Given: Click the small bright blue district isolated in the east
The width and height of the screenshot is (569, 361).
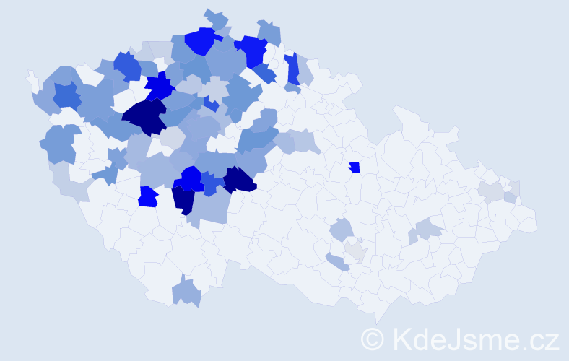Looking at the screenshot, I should (354, 168).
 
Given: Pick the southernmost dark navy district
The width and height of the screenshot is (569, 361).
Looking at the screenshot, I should (183, 199).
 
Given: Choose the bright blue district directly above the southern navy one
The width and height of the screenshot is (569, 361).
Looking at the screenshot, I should (192, 178).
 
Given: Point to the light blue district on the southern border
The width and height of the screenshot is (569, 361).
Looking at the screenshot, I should (187, 292).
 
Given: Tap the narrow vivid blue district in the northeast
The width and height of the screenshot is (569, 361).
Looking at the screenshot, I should (292, 69).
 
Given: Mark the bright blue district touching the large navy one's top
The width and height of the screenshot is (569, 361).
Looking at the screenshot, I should (160, 87).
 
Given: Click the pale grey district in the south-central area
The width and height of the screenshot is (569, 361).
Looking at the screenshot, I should (355, 251).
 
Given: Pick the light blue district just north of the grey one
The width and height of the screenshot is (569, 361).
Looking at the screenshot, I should (342, 230).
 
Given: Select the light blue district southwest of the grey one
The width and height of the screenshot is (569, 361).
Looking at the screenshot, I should (336, 262).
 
